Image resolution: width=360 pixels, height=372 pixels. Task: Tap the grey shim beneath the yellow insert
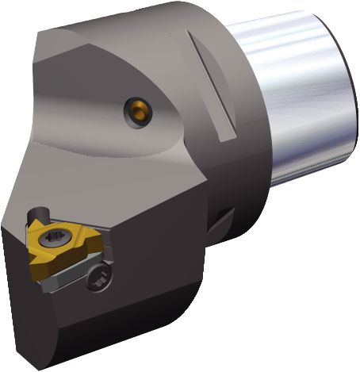63,274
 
